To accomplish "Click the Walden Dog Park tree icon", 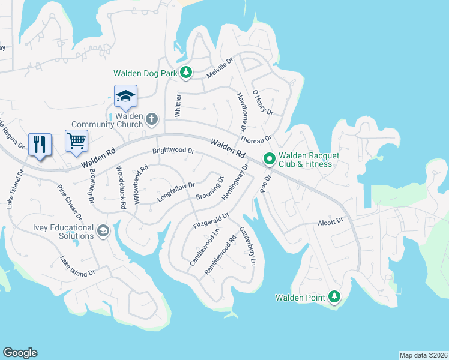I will [186, 73].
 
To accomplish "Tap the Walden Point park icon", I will [334, 297].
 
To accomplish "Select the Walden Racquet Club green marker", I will [270, 159].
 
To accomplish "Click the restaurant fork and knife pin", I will [40, 144].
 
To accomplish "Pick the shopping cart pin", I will [76, 141].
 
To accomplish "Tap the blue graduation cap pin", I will [126, 96].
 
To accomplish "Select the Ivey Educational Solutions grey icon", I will [103, 232].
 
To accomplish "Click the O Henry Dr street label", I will [263, 103].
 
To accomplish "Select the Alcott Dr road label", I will [330, 222].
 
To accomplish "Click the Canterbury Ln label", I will [248, 247].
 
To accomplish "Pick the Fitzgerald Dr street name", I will [211, 220].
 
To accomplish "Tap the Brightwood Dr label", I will [173, 151].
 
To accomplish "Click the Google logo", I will [20, 353].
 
